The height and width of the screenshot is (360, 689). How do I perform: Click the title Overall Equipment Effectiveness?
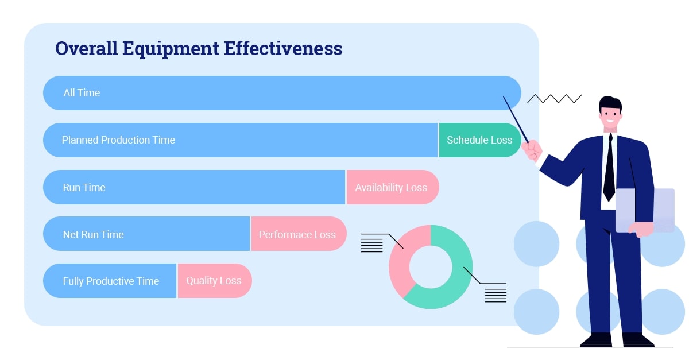pyautogui.click(x=199, y=49)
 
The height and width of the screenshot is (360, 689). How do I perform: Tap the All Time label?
pyautogui.click(x=82, y=93)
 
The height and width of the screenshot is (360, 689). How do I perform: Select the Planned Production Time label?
pyautogui.click(x=118, y=140)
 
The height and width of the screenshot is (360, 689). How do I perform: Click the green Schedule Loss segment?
pyautogui.click(x=479, y=140)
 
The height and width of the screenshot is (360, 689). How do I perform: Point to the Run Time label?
pyautogui.click(x=84, y=188)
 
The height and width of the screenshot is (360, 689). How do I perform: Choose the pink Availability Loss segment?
pyautogui.click(x=391, y=188)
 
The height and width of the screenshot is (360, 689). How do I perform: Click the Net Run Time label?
pyautogui.click(x=93, y=234)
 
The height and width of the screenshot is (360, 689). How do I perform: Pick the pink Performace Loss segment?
pyautogui.click(x=297, y=234)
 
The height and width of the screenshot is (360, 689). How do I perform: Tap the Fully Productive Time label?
pyautogui.click(x=111, y=281)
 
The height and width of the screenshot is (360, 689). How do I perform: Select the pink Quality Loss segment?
pyautogui.click(x=214, y=281)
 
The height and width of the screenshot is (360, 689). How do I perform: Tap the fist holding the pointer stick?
pyautogui.click(x=532, y=150)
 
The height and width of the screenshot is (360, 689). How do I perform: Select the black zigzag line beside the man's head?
pyautogui.click(x=554, y=99)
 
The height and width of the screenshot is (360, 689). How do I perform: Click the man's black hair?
pyautogui.click(x=610, y=104)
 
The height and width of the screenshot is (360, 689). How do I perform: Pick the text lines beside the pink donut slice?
pyautogui.click(x=371, y=243)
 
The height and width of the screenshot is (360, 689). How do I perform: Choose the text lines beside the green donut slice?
pyautogui.click(x=496, y=293)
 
